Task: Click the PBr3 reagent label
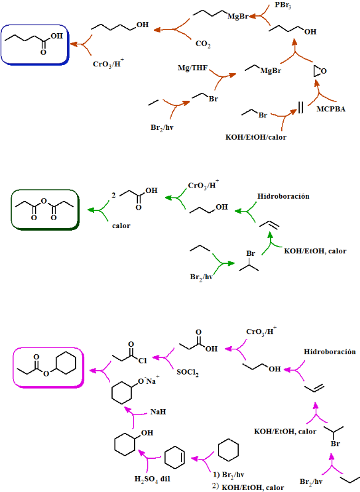pos(282,6)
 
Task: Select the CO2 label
pos(202,44)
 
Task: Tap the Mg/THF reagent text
pos(193,68)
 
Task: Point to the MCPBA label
pos(331,109)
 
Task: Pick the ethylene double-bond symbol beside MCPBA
pos(300,107)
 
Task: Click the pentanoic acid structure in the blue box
pos(34,43)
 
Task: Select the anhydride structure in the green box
pos(44,209)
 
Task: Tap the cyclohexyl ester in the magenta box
pos(46,366)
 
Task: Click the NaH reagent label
pos(158,411)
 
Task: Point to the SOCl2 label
pos(187,373)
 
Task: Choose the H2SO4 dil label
pos(152,479)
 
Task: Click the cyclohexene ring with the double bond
pos(175,457)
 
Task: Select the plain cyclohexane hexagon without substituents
pos(228,450)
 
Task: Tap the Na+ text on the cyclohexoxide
pos(153,380)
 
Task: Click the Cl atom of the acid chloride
pos(143,360)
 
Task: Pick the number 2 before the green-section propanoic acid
pos(113,195)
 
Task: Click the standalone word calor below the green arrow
pos(121,226)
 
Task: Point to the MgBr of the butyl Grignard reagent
pos(238,17)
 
